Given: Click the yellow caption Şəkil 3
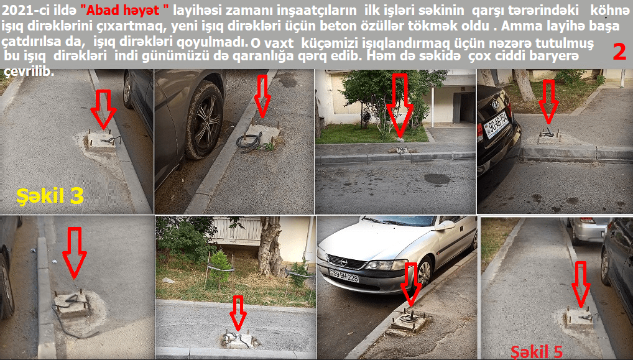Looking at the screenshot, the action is tap(50, 196).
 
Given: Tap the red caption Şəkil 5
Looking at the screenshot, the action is tap(537, 352).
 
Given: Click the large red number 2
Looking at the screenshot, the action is tap(620, 51).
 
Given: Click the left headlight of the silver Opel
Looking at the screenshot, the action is tap(379, 265).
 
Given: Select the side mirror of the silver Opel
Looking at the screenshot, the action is tap(443, 225).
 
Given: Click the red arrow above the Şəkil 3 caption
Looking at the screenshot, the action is tap(103, 109).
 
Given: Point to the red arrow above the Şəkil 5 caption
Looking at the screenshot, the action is tap(581, 284).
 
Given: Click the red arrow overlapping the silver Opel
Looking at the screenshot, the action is tap(412, 284).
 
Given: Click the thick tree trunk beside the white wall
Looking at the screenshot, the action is tap(270, 247).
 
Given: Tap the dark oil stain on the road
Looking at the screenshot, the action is tap(437, 179).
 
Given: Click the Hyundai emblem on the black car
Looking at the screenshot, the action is tap(496, 104).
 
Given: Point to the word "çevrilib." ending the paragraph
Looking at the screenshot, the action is tap(29, 72).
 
